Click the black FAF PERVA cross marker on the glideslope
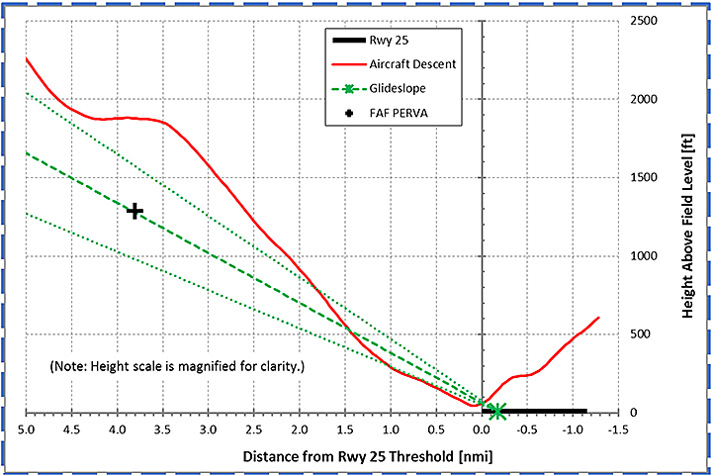coord(134,211)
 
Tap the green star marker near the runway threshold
coord(497,412)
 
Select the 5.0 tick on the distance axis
coord(27,430)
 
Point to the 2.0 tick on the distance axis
coord(300,430)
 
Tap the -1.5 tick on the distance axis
coord(618,430)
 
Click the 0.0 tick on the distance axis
coord(482,430)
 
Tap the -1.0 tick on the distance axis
coord(573,430)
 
